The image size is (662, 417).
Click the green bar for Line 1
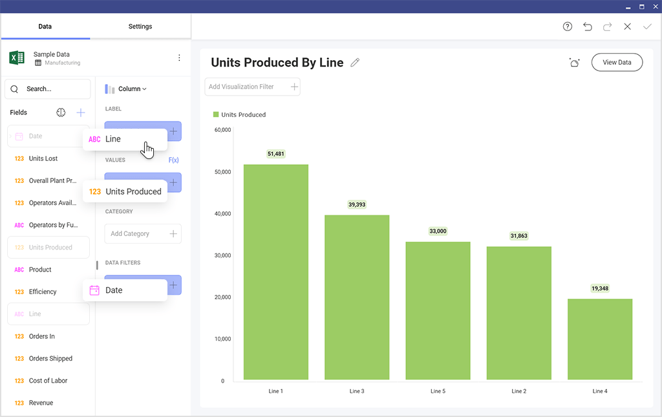275,272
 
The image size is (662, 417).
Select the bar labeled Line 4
600,339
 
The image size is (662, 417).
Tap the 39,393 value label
357,204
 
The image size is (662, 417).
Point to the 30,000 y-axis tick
222,255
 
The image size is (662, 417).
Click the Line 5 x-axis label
438,391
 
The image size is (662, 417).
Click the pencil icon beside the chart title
355,63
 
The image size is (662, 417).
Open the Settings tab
140,27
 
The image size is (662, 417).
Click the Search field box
48,89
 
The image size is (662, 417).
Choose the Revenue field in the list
41,403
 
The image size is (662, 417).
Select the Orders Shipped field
50,358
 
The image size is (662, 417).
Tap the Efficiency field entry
43,292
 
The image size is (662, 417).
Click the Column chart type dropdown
126,89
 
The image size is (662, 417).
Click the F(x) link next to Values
173,160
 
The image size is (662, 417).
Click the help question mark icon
568,27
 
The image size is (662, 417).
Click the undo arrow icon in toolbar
587,27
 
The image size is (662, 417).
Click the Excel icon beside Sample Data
17,58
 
